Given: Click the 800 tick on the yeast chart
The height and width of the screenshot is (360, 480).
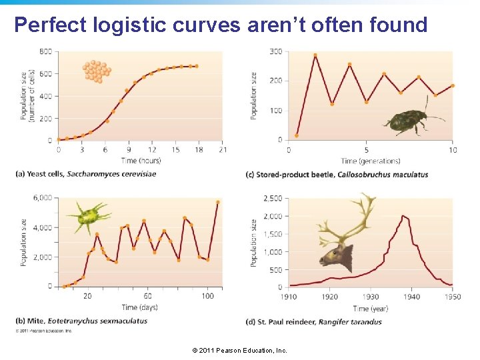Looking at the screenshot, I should point(46,51).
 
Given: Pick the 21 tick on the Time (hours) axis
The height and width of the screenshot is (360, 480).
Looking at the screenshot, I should point(223,149).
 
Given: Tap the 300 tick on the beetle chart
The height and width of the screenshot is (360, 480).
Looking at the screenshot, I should point(275,51).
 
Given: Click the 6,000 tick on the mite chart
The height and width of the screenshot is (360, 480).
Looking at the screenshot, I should point(42,198).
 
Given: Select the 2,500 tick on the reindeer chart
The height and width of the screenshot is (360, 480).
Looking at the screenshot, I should point(273,198).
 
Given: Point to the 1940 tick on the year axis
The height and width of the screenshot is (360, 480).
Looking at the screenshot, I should point(411,297).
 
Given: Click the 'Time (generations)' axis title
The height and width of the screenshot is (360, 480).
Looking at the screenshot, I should point(371,161).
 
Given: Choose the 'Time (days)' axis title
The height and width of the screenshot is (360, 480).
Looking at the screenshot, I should point(139,307).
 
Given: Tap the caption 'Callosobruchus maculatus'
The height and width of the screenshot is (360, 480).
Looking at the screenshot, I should point(383,175).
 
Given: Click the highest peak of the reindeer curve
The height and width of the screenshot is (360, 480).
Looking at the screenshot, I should point(403,215).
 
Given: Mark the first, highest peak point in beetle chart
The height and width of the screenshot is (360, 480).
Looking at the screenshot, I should point(315,55).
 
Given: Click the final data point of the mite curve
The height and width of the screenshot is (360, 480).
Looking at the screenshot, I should point(217,202).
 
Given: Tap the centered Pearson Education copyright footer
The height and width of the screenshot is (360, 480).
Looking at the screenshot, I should point(239,350).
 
